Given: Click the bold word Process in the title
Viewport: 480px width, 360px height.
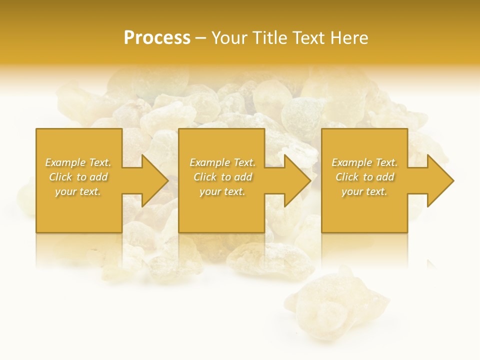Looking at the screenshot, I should [157, 38].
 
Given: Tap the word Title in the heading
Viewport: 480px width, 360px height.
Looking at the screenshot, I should [270, 38].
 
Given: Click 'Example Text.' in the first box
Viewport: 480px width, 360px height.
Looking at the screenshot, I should [78, 162].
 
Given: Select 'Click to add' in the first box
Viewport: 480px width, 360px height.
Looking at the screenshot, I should [78, 177].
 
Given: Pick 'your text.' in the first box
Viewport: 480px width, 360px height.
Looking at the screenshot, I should [78, 191].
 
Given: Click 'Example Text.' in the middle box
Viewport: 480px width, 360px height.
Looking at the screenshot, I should [222, 162].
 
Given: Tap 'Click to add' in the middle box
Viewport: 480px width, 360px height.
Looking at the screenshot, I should [222, 177].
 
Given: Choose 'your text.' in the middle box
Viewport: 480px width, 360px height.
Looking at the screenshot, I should [222, 191].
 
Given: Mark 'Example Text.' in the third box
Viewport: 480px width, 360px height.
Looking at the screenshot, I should [364, 162].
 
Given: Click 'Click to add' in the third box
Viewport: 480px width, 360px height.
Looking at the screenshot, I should [364, 177].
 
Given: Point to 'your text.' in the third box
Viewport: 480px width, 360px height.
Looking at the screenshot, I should [364, 191].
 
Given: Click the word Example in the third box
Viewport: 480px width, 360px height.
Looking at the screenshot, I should [352, 162].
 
